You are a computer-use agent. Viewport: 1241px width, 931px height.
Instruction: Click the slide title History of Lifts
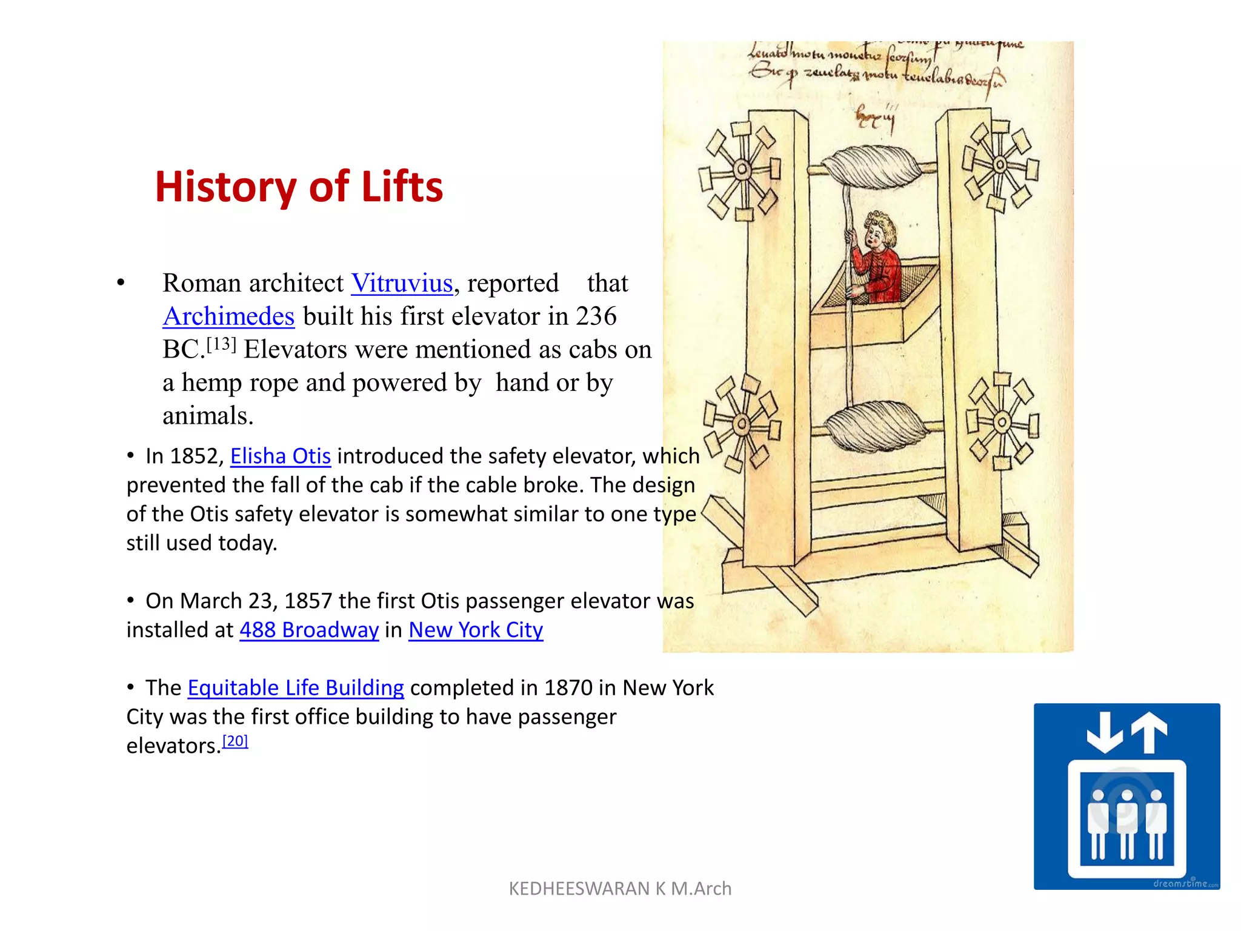pos(299,186)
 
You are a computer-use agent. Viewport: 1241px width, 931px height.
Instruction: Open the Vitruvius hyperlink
pos(402,283)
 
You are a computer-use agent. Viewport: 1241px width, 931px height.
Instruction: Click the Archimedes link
pos(228,316)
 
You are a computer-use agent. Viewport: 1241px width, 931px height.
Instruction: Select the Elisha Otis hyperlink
pos(281,456)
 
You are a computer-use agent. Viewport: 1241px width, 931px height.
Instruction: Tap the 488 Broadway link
pos(309,630)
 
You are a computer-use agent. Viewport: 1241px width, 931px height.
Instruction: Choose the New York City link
pos(476,630)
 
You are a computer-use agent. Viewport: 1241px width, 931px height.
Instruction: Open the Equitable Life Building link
pos(296,687)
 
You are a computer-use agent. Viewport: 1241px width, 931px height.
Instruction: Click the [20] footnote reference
pos(235,741)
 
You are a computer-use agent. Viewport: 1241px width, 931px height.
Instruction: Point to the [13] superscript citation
pos(221,345)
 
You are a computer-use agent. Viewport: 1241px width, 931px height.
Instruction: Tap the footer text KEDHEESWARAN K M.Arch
pos(620,889)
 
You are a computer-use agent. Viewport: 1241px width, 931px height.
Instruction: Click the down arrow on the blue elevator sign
pos(1105,732)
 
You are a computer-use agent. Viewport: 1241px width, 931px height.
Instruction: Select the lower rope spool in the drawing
pos(876,424)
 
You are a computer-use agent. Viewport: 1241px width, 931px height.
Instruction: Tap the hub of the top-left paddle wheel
pos(742,169)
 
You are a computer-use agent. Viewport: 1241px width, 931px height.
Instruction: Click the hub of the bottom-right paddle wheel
pos(1002,422)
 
